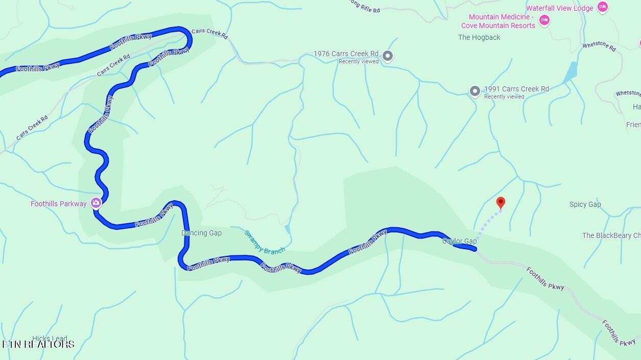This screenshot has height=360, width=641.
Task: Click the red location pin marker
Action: (x=501, y=203)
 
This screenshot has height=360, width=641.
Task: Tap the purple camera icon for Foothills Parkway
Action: (x=96, y=203)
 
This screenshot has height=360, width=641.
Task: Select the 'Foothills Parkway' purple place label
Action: (x=58, y=204)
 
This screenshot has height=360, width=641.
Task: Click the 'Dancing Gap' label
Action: (x=201, y=233)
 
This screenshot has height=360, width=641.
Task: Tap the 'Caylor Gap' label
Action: (x=459, y=241)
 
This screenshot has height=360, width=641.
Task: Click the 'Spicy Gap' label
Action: (x=585, y=204)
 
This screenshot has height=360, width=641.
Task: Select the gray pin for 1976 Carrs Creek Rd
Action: (x=388, y=56)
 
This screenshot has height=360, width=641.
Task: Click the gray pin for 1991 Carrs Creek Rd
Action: (x=475, y=91)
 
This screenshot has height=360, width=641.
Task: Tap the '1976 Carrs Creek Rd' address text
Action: (x=346, y=54)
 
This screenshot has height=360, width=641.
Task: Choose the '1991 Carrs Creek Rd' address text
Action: (x=516, y=89)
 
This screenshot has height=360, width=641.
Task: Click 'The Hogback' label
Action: (x=479, y=37)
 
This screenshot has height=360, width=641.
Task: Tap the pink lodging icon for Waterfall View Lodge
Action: (x=603, y=7)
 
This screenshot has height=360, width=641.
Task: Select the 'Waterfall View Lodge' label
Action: (x=560, y=8)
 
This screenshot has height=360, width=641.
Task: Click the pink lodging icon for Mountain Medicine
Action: (x=544, y=20)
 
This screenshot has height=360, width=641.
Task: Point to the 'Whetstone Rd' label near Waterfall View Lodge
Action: (x=599, y=46)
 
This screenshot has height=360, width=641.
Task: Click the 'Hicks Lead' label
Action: (x=50, y=339)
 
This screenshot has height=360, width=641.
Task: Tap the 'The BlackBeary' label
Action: (x=611, y=235)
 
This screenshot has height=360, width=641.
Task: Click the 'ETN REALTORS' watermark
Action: (x=38, y=344)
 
